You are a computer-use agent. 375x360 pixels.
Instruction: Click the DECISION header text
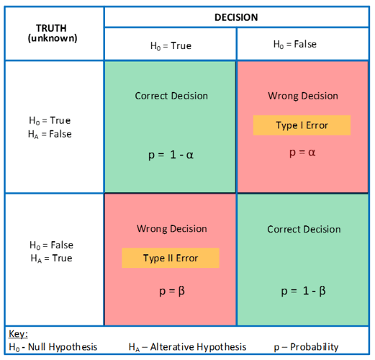click(236, 17)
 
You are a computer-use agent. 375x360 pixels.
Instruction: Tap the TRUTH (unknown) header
click(52, 33)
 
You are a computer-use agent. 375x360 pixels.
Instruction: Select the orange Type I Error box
click(302, 125)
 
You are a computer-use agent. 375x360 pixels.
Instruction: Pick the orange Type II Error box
click(171, 258)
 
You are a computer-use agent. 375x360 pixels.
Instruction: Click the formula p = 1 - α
click(171, 155)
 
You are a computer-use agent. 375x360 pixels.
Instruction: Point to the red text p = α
click(302, 153)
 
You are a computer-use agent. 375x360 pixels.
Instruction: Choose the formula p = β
click(172, 291)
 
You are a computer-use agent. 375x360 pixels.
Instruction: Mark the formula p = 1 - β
click(303, 291)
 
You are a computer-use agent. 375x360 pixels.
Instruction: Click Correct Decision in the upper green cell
click(171, 96)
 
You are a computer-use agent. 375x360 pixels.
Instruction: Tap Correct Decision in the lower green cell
click(304, 229)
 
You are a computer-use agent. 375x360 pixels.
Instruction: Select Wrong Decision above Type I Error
click(303, 96)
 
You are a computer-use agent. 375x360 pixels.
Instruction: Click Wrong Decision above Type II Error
click(172, 229)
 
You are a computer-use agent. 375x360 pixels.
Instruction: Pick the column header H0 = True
click(171, 46)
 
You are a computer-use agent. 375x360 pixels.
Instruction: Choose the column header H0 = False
click(295, 45)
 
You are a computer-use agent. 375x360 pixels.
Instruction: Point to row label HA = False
click(50, 134)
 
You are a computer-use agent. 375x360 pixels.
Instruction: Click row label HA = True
click(51, 258)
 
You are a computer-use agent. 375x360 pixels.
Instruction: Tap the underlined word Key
click(18, 334)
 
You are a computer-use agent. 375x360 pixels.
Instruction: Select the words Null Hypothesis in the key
click(63, 347)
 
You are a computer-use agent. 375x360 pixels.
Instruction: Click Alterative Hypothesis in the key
click(198, 347)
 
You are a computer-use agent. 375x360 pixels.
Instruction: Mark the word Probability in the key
click(315, 347)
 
